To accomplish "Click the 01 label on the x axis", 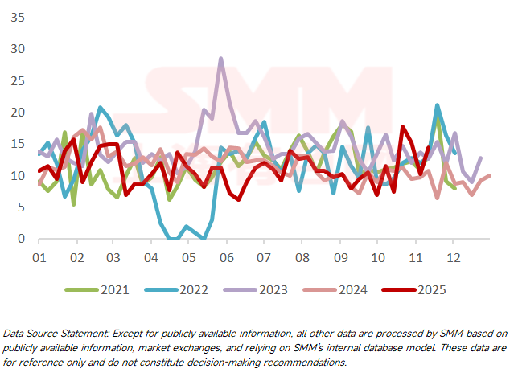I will (38, 257).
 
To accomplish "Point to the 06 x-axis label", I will (226, 257).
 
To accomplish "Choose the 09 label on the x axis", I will (339, 257).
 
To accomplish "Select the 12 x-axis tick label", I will (452, 257).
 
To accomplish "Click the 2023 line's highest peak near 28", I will (221, 59).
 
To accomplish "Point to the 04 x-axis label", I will (150, 257).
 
